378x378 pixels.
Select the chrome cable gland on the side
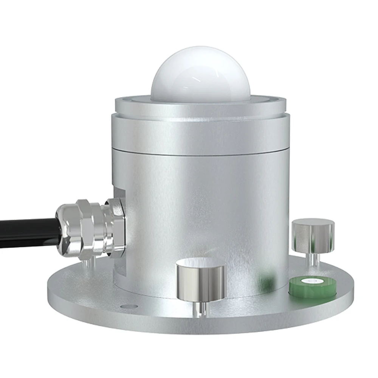[x=91, y=229]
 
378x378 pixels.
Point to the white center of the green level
[x=313, y=281]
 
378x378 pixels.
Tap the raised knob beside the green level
[x=313, y=236]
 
